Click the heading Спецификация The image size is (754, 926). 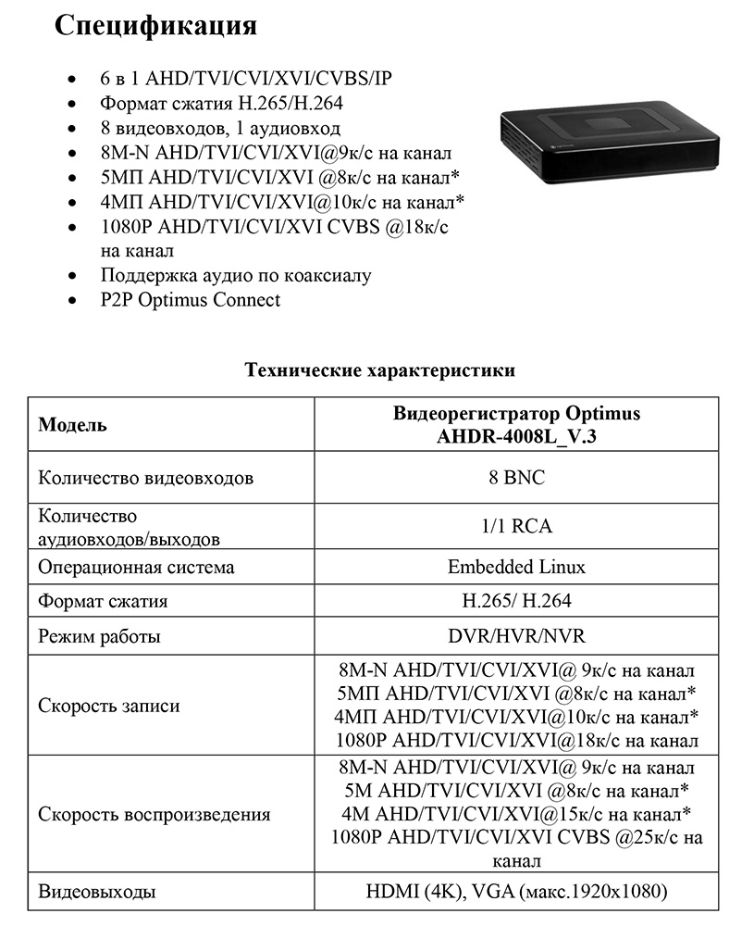pyautogui.click(x=155, y=26)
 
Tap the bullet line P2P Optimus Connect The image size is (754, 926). pyautogui.click(x=190, y=300)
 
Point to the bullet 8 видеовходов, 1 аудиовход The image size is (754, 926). pyautogui.click(x=220, y=128)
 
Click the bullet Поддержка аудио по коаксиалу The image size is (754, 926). pyautogui.click(x=235, y=275)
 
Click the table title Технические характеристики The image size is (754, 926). pyautogui.click(x=379, y=370)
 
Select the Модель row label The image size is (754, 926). pyautogui.click(x=72, y=425)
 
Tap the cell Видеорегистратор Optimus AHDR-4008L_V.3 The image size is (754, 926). pyautogui.click(x=516, y=425)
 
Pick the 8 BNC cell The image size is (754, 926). pyautogui.click(x=516, y=479)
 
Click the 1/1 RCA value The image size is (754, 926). pyautogui.click(x=516, y=526)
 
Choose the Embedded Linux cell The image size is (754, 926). pyautogui.click(x=516, y=567)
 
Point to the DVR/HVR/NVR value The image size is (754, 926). pyautogui.click(x=516, y=637)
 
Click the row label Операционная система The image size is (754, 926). pyautogui.click(x=136, y=567)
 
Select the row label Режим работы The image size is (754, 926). pyautogui.click(x=99, y=637)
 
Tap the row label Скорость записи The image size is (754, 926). pyautogui.click(x=108, y=706)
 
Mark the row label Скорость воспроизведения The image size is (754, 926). pyautogui.click(x=154, y=815)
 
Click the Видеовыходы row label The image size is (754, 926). pyautogui.click(x=96, y=893)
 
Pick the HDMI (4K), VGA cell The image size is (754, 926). pyautogui.click(x=516, y=893)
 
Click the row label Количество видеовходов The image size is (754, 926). pyautogui.click(x=145, y=479)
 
